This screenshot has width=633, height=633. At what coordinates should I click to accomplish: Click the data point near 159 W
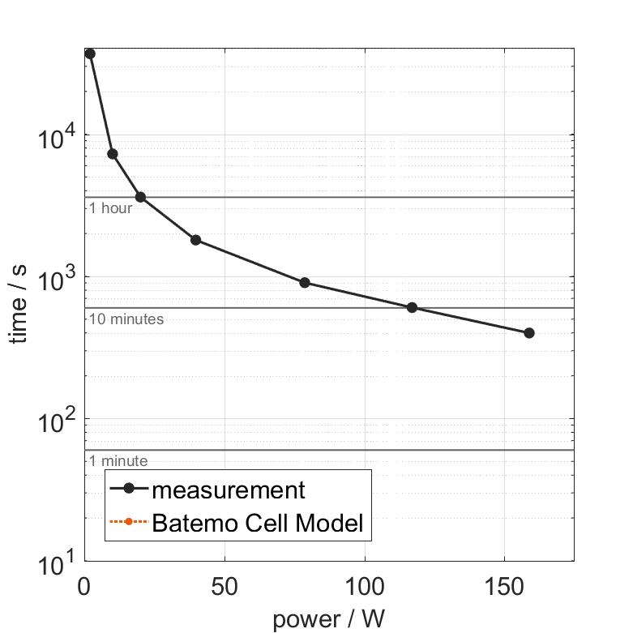tap(529, 333)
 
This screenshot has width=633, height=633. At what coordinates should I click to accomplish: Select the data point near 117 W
tap(412, 307)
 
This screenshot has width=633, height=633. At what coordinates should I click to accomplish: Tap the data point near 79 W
tap(305, 283)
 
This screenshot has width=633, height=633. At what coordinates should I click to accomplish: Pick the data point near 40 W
tap(195, 240)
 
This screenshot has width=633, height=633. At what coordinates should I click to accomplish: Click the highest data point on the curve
tap(90, 53)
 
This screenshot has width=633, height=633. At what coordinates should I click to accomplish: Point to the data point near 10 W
tap(113, 154)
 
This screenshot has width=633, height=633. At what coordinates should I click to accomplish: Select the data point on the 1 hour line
tap(140, 197)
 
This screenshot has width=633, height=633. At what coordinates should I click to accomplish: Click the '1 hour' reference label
tap(110, 208)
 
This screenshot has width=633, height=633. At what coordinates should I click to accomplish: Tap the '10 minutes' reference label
tap(126, 319)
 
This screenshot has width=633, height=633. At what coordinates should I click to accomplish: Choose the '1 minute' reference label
tap(118, 461)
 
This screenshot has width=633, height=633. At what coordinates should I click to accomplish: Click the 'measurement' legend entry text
tap(229, 490)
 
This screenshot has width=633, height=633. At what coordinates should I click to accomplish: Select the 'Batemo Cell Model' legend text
tap(258, 523)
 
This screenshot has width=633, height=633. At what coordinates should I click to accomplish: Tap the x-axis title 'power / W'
tap(328, 619)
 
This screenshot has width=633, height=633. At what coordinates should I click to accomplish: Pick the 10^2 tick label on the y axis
tap(55, 419)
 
